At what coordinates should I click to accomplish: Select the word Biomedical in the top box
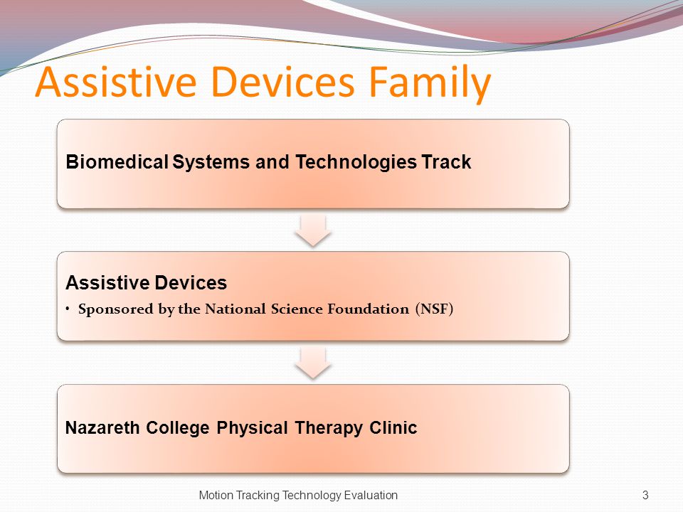[x=117, y=161]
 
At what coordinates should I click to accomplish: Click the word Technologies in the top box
[x=356, y=162]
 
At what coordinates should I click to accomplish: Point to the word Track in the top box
[x=447, y=161]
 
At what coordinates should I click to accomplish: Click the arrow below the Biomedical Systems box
[x=313, y=230]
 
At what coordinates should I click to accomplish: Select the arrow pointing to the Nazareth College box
[x=313, y=363]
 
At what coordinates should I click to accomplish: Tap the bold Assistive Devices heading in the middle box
[x=146, y=282]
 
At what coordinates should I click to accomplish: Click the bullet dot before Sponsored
[x=68, y=309]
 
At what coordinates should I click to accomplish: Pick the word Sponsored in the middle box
[x=116, y=309]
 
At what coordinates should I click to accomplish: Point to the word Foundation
[x=368, y=309]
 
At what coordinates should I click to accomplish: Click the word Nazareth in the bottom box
[x=102, y=427]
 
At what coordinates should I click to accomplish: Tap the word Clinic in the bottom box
[x=393, y=427]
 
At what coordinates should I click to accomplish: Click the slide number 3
[x=645, y=495]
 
